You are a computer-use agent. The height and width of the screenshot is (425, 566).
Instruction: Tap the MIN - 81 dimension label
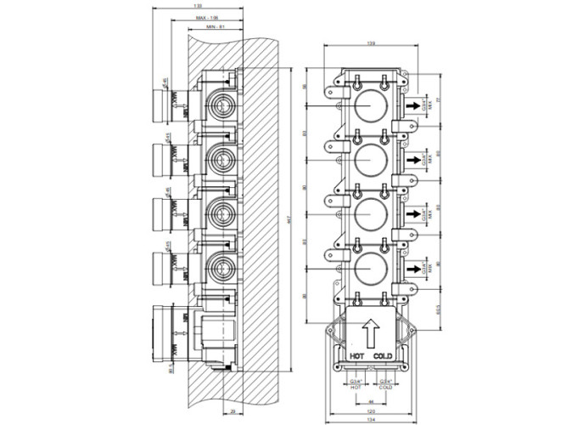click(216, 27)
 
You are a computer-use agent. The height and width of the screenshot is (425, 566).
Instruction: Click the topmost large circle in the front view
click(370, 105)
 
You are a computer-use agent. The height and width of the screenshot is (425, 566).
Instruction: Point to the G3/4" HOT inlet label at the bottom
click(356, 385)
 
